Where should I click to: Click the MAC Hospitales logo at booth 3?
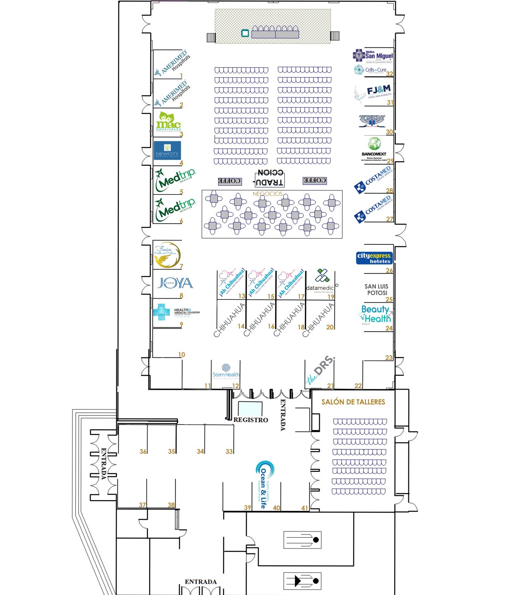[x=168, y=122]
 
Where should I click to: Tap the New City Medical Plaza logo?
[x=167, y=151]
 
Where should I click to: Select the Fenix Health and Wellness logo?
[x=167, y=255]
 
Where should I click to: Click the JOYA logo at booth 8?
[x=175, y=283]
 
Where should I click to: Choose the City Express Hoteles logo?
[x=374, y=258]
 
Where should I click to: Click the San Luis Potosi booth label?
[x=376, y=289]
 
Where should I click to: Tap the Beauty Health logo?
[x=376, y=314]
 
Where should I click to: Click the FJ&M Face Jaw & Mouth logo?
[x=373, y=93]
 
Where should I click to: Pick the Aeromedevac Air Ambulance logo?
[x=372, y=120]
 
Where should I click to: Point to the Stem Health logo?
[x=226, y=371]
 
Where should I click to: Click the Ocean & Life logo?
[x=265, y=483]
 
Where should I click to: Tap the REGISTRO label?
[x=251, y=420]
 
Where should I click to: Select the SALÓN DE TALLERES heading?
[x=353, y=402]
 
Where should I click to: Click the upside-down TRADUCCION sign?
[x=270, y=178]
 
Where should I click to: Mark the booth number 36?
[x=143, y=451]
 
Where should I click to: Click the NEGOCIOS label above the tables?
[x=267, y=194]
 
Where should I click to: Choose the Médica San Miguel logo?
[x=373, y=56]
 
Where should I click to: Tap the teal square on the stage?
[x=245, y=33]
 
